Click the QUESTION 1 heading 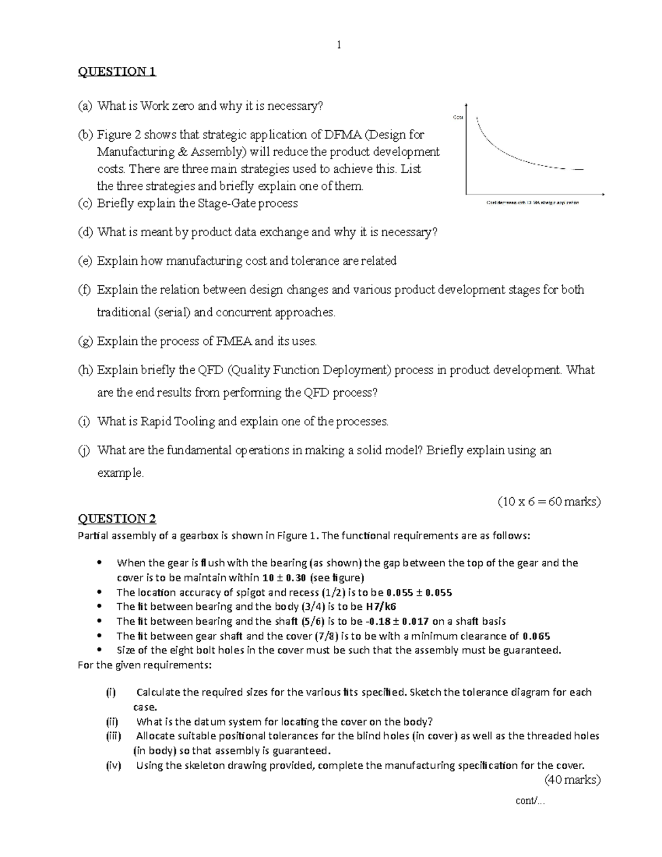(x=117, y=71)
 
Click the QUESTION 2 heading (x=117, y=518)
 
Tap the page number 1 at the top (x=339, y=45)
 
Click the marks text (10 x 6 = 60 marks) (x=549, y=502)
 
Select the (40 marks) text (x=572, y=780)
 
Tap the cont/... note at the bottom (x=530, y=801)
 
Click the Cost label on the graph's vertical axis (x=457, y=117)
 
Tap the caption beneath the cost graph (x=532, y=203)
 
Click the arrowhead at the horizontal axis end (x=603, y=194)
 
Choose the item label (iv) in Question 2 (x=113, y=765)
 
